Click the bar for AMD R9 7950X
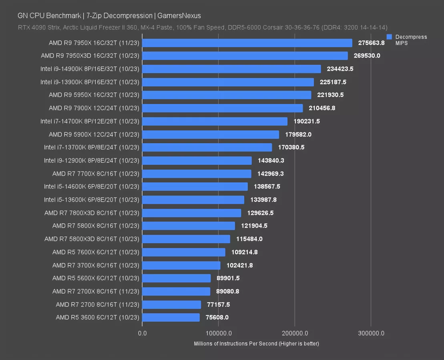(247, 43)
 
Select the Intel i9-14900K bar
(231, 69)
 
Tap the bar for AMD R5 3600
(171, 317)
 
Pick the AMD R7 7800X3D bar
(192, 213)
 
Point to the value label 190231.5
(307, 121)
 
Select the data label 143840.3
(271, 160)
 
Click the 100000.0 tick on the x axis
(218, 333)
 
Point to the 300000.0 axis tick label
(371, 333)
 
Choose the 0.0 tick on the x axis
(142, 333)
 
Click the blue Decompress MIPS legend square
(389, 37)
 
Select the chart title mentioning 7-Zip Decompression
(109, 16)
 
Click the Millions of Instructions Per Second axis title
(256, 344)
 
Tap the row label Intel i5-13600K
(92, 200)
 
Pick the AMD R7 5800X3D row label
(92, 239)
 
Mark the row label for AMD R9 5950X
(94, 95)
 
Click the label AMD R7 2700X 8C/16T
(96, 291)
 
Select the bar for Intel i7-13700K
(207, 147)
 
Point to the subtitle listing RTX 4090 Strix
(202, 28)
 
